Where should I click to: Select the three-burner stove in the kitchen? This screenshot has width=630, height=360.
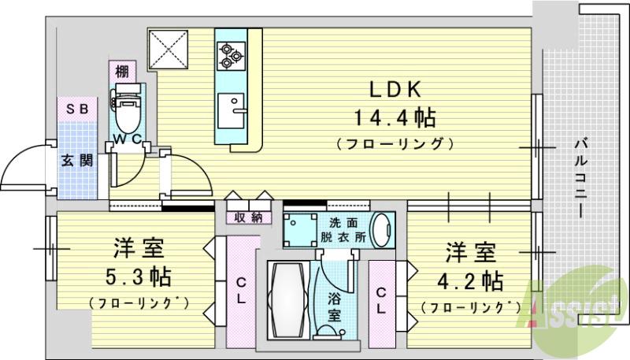pos(230,54)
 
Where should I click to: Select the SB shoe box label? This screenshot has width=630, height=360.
pos(76,109)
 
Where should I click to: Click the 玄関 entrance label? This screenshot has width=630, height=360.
pos(77,161)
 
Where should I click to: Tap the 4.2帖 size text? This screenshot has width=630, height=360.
pos(471,280)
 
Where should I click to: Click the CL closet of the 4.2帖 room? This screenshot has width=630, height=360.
pos(381,301)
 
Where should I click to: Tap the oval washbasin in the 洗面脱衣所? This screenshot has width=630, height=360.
pos(381,229)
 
